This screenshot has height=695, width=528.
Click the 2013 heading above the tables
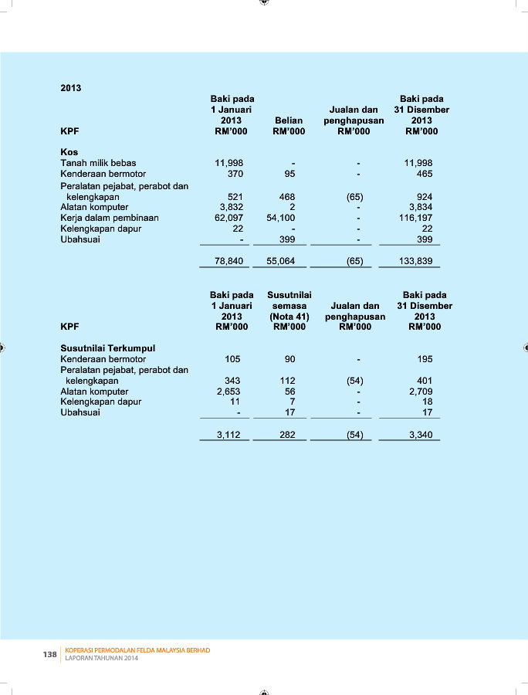click(71, 88)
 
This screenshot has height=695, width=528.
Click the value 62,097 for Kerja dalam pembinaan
click(229, 218)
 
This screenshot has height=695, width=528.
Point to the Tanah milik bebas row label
click(98, 163)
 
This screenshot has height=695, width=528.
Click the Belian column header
click(288, 120)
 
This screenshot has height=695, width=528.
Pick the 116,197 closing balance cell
click(418, 218)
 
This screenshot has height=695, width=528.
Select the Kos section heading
click(69, 152)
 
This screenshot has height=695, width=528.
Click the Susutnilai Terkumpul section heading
click(107, 348)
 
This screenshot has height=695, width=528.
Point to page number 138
click(50, 654)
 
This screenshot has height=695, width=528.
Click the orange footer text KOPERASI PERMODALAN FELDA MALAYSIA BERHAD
click(137, 650)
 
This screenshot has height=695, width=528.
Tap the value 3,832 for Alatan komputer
click(232, 207)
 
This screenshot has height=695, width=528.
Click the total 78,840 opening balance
click(229, 261)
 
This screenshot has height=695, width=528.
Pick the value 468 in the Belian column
click(287, 197)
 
